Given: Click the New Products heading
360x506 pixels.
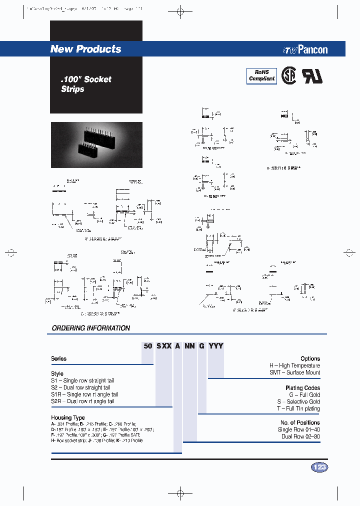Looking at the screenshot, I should (85, 49).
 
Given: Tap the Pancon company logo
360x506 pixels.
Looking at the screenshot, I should (305, 49).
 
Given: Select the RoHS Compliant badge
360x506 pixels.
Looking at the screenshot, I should (262, 75).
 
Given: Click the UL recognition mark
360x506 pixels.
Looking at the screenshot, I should (312, 75).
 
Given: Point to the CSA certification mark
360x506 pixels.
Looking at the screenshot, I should (288, 75).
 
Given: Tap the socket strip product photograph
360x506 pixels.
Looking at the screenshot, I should (96, 144).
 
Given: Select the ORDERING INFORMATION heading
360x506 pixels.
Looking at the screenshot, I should (91, 328).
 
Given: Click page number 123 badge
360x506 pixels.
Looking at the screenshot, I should (319, 467).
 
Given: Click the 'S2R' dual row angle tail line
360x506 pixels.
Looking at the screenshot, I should (82, 401).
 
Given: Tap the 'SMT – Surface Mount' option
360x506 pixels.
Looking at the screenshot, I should (294, 372).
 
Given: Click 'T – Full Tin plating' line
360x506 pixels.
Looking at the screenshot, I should (298, 408).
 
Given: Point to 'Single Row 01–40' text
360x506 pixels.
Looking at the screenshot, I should (299, 429).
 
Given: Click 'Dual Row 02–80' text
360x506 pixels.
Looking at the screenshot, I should (300, 436).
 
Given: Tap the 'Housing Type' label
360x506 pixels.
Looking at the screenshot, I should (68, 417).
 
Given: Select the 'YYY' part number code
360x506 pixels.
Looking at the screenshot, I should (215, 346).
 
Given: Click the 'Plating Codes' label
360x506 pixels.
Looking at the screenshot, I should (302, 387).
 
